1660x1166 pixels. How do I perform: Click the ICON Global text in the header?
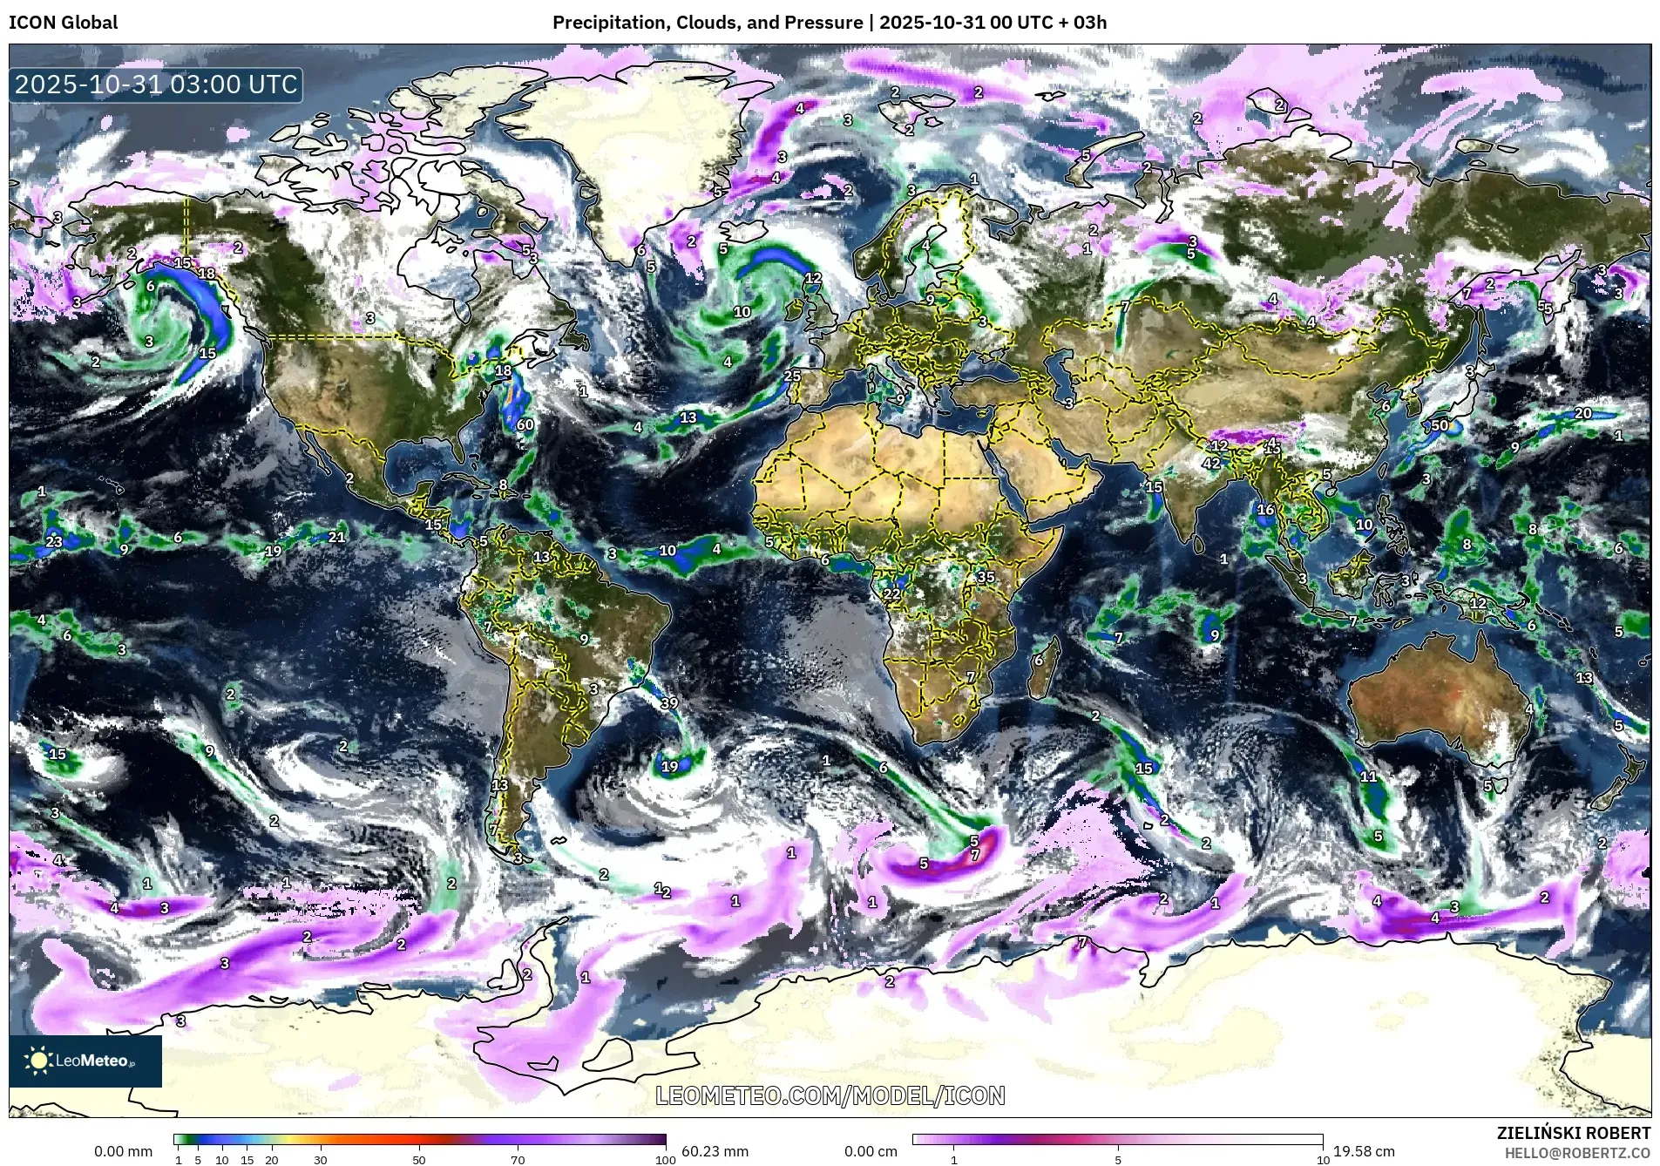pos(63,23)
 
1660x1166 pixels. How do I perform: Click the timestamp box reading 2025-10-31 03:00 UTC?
pos(156,85)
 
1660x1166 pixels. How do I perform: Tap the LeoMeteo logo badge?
pos(85,1061)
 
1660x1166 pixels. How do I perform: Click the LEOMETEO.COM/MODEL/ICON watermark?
pos(830,1095)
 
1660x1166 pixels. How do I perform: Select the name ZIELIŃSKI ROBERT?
pos(1573,1133)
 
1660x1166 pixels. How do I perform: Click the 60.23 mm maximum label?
pos(715,1151)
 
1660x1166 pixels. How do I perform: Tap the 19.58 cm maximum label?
pos(1364,1151)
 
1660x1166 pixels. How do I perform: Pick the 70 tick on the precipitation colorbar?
pos(518,1160)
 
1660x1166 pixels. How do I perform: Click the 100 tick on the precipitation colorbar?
pos(665,1160)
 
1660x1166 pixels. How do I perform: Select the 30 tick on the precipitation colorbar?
pos(321,1160)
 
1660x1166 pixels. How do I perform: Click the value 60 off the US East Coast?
pos(525,425)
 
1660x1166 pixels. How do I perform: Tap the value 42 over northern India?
pos(1211,464)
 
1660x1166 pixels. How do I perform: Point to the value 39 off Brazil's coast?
pos(669,703)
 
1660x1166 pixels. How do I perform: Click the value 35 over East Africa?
pos(986,577)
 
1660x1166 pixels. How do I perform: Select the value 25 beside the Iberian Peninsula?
pos(792,376)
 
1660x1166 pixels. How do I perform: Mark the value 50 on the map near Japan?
pos(1440,426)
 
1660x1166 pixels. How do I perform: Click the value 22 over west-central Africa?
pos(891,594)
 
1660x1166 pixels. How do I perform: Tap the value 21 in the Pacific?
pos(336,537)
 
